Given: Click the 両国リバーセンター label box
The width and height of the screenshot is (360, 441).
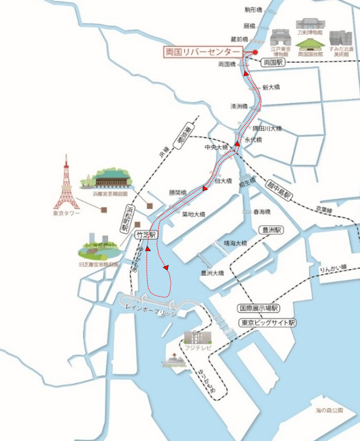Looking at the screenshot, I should pos(202,52).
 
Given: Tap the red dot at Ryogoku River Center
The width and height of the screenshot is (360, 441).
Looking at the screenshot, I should pos(255,52).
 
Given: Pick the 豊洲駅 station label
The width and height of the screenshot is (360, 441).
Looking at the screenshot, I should pos(271,230).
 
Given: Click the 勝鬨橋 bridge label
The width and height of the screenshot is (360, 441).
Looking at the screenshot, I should pos(178,192).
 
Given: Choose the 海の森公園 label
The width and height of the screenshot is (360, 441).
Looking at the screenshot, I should pos(329,410).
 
